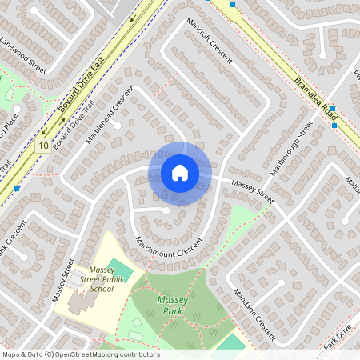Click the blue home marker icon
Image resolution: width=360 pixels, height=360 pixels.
pyautogui.click(x=180, y=173)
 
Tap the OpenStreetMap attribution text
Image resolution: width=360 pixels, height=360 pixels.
pyautogui.click(x=81, y=354)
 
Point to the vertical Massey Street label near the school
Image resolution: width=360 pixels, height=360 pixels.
pyautogui.click(x=63, y=280)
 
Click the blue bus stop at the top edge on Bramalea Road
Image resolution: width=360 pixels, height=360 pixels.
pyautogui.click(x=233, y=4)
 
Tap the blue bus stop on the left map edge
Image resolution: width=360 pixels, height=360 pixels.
pyautogui.click(x=16, y=189)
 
